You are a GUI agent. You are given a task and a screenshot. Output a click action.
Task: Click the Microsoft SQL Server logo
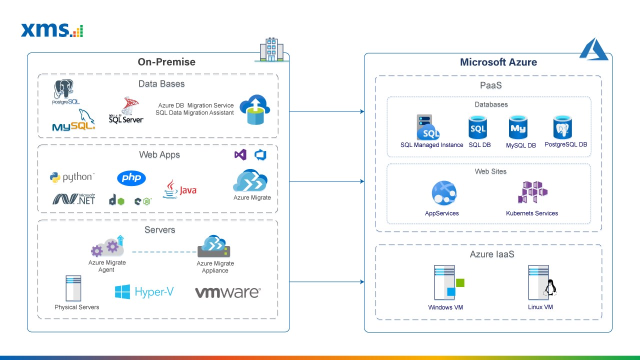[126, 110]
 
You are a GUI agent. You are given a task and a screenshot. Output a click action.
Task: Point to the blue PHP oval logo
[131, 178]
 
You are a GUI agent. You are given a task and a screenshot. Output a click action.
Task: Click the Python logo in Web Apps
[71, 177]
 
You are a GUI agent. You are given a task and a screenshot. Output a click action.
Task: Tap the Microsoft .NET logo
[74, 199]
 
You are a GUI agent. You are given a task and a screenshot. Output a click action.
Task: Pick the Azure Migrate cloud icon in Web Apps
[250, 181]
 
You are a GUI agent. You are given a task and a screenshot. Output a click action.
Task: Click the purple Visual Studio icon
[240, 155]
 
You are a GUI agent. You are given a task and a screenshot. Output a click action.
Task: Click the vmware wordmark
[227, 292]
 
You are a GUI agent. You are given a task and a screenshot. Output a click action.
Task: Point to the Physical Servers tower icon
[73, 288]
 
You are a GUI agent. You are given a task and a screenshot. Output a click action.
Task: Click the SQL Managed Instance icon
[428, 127]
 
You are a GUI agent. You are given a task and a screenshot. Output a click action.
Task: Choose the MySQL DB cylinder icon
[518, 128]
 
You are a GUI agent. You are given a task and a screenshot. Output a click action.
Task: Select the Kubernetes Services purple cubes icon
[532, 192]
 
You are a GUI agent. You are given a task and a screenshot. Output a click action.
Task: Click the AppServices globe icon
[443, 193]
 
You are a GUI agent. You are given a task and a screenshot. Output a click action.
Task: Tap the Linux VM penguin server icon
[541, 283]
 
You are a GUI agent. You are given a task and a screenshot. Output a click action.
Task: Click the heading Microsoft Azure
[498, 62]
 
